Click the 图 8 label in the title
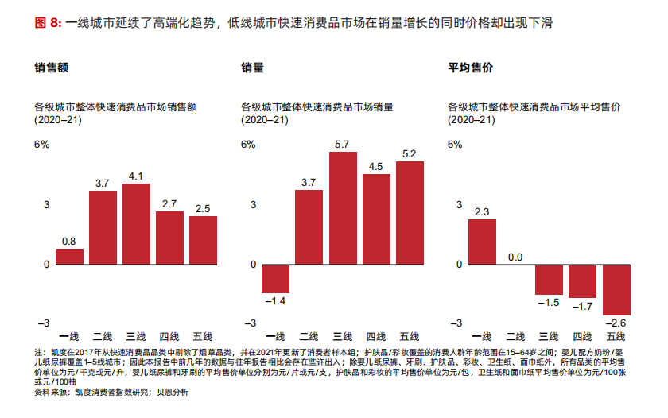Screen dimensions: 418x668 point(48,24)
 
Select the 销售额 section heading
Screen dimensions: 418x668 point(51,68)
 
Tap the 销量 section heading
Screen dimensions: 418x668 point(252,68)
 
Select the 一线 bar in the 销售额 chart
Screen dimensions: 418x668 point(69,256)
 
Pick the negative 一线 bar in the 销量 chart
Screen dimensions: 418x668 point(275,278)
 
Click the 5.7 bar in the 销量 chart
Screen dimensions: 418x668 point(343,208)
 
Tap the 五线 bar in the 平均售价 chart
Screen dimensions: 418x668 point(616,289)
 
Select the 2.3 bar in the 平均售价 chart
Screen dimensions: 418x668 point(482,242)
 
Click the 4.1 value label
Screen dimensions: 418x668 point(136,176)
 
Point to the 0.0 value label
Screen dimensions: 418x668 point(515,257)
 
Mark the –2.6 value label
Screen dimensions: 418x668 point(616,323)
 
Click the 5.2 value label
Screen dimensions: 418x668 point(410,153)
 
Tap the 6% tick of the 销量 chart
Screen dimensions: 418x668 point(248,145)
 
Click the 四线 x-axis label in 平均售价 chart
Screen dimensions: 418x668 point(583,337)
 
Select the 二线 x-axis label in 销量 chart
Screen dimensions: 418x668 point(309,337)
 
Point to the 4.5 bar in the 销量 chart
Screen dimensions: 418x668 point(376,219)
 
